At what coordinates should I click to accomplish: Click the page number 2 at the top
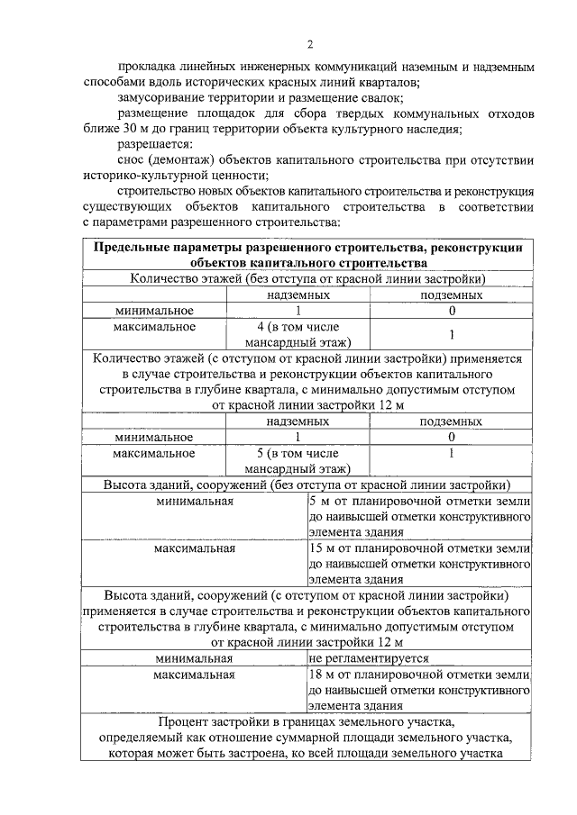310,45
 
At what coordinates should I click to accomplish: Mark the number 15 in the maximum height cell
316,547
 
